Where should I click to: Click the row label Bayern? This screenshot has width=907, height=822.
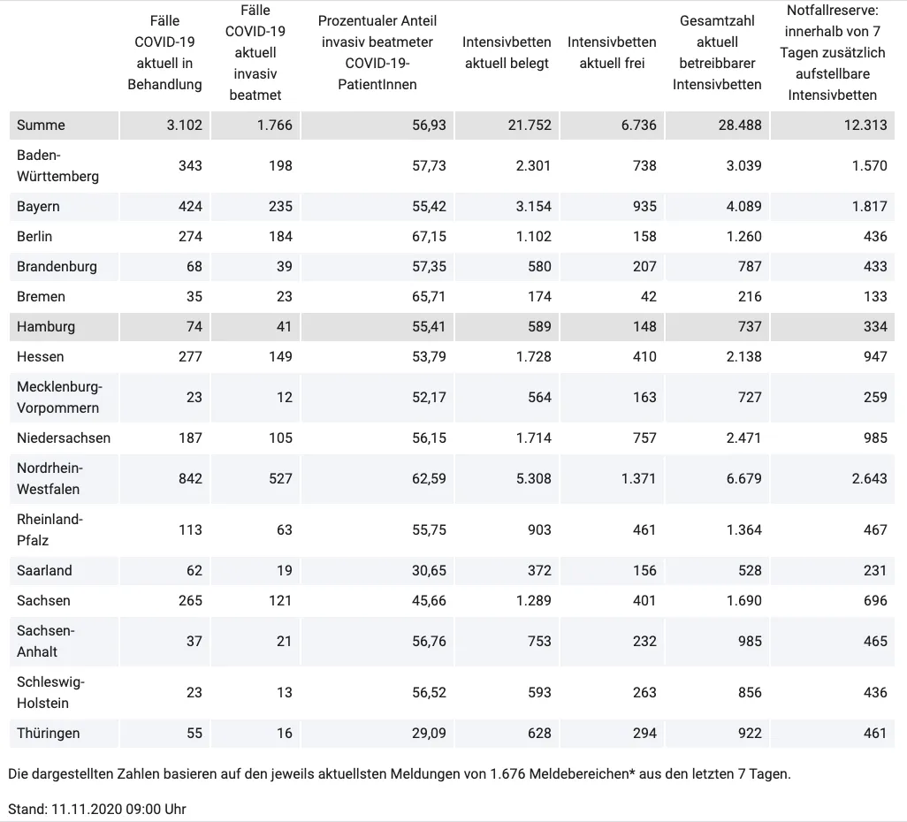[x=38, y=207]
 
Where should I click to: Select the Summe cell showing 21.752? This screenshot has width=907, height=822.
[x=530, y=125]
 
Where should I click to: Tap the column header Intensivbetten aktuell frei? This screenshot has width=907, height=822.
[x=612, y=53]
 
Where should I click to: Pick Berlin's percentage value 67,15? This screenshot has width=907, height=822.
[x=429, y=237]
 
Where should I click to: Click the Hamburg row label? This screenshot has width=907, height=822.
[x=46, y=327]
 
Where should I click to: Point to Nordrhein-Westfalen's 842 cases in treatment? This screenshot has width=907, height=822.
[x=190, y=478]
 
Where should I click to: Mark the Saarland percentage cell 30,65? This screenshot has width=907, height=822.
[x=429, y=570]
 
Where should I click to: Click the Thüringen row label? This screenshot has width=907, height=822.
[x=48, y=733]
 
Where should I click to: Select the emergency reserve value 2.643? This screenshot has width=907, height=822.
[x=869, y=478]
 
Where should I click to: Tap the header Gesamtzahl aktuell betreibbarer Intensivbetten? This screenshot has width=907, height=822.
[x=717, y=53]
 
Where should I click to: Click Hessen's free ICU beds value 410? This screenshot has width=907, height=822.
[x=644, y=356]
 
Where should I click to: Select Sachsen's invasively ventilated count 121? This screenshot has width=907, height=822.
[x=280, y=600]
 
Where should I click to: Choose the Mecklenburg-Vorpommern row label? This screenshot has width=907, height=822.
[x=59, y=398]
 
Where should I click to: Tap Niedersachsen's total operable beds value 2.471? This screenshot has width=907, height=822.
[x=743, y=438]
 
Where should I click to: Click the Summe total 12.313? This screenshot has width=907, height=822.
[x=865, y=125]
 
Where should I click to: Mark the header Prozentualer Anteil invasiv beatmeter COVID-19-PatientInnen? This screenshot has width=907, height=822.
[x=377, y=53]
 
